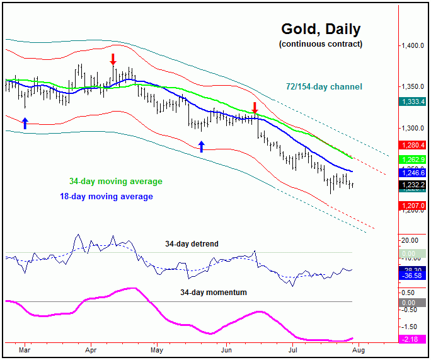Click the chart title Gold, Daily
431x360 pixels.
[x=320, y=29]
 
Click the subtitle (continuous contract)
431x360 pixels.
[x=320, y=44]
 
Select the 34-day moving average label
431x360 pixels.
[x=115, y=182]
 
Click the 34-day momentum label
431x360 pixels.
[x=213, y=293]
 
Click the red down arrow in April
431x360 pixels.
[x=113, y=60]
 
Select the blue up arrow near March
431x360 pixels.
[x=25, y=123]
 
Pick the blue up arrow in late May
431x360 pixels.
[x=202, y=147]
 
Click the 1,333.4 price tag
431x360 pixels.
[x=412, y=102]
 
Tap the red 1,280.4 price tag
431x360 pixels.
[x=412, y=145]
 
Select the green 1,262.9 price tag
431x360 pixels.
[x=412, y=160]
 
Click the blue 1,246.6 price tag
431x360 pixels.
[x=412, y=172]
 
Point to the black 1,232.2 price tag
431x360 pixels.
[x=412, y=184]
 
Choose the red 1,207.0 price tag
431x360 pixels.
[x=412, y=206]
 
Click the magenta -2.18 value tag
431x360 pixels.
[x=412, y=340]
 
